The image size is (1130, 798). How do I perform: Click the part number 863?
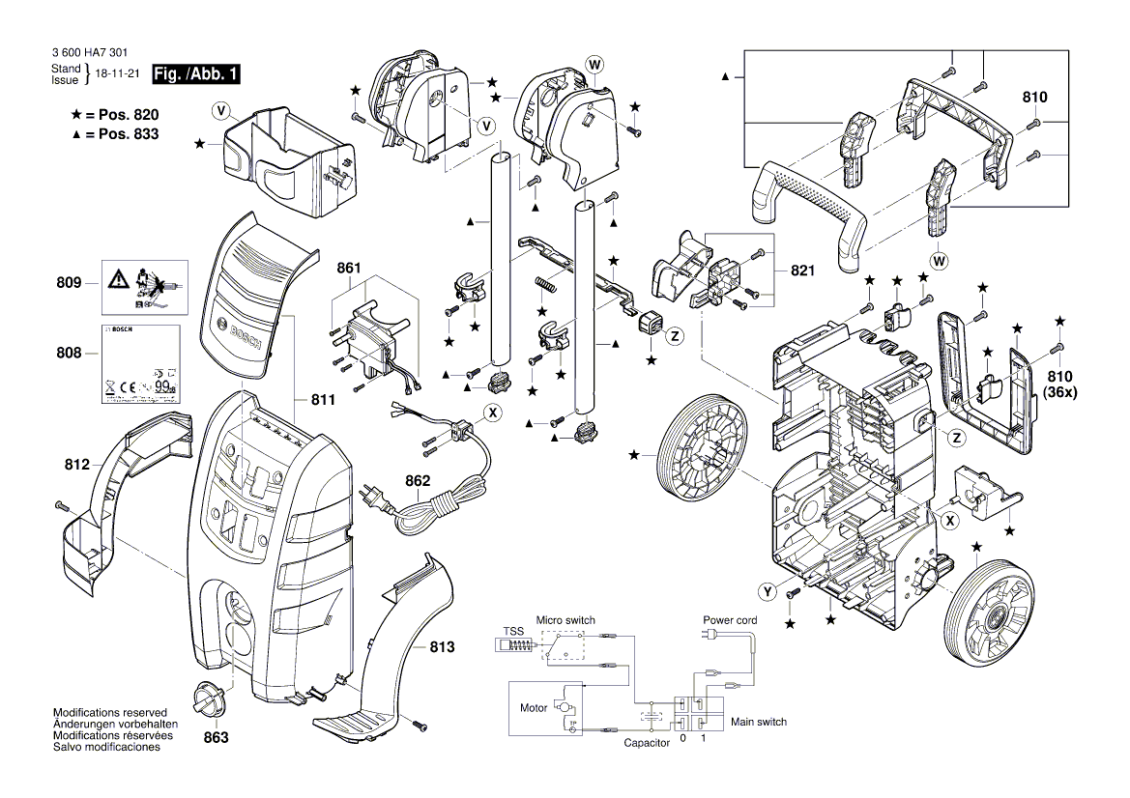(x=216, y=737)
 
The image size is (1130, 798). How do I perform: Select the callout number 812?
(x=77, y=466)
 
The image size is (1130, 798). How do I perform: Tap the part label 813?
(x=442, y=648)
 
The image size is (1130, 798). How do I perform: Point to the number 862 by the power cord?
(x=418, y=480)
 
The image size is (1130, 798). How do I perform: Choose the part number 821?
(x=801, y=272)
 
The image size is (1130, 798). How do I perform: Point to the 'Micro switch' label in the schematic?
(x=566, y=620)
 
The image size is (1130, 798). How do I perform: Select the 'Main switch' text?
(x=758, y=722)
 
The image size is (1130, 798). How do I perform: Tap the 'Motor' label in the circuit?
(x=534, y=708)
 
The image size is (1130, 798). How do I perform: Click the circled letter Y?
(x=768, y=589)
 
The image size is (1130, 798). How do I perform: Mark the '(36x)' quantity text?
(x=1059, y=392)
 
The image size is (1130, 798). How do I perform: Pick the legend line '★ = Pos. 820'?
(x=114, y=114)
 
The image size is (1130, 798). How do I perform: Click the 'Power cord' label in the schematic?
(x=730, y=619)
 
